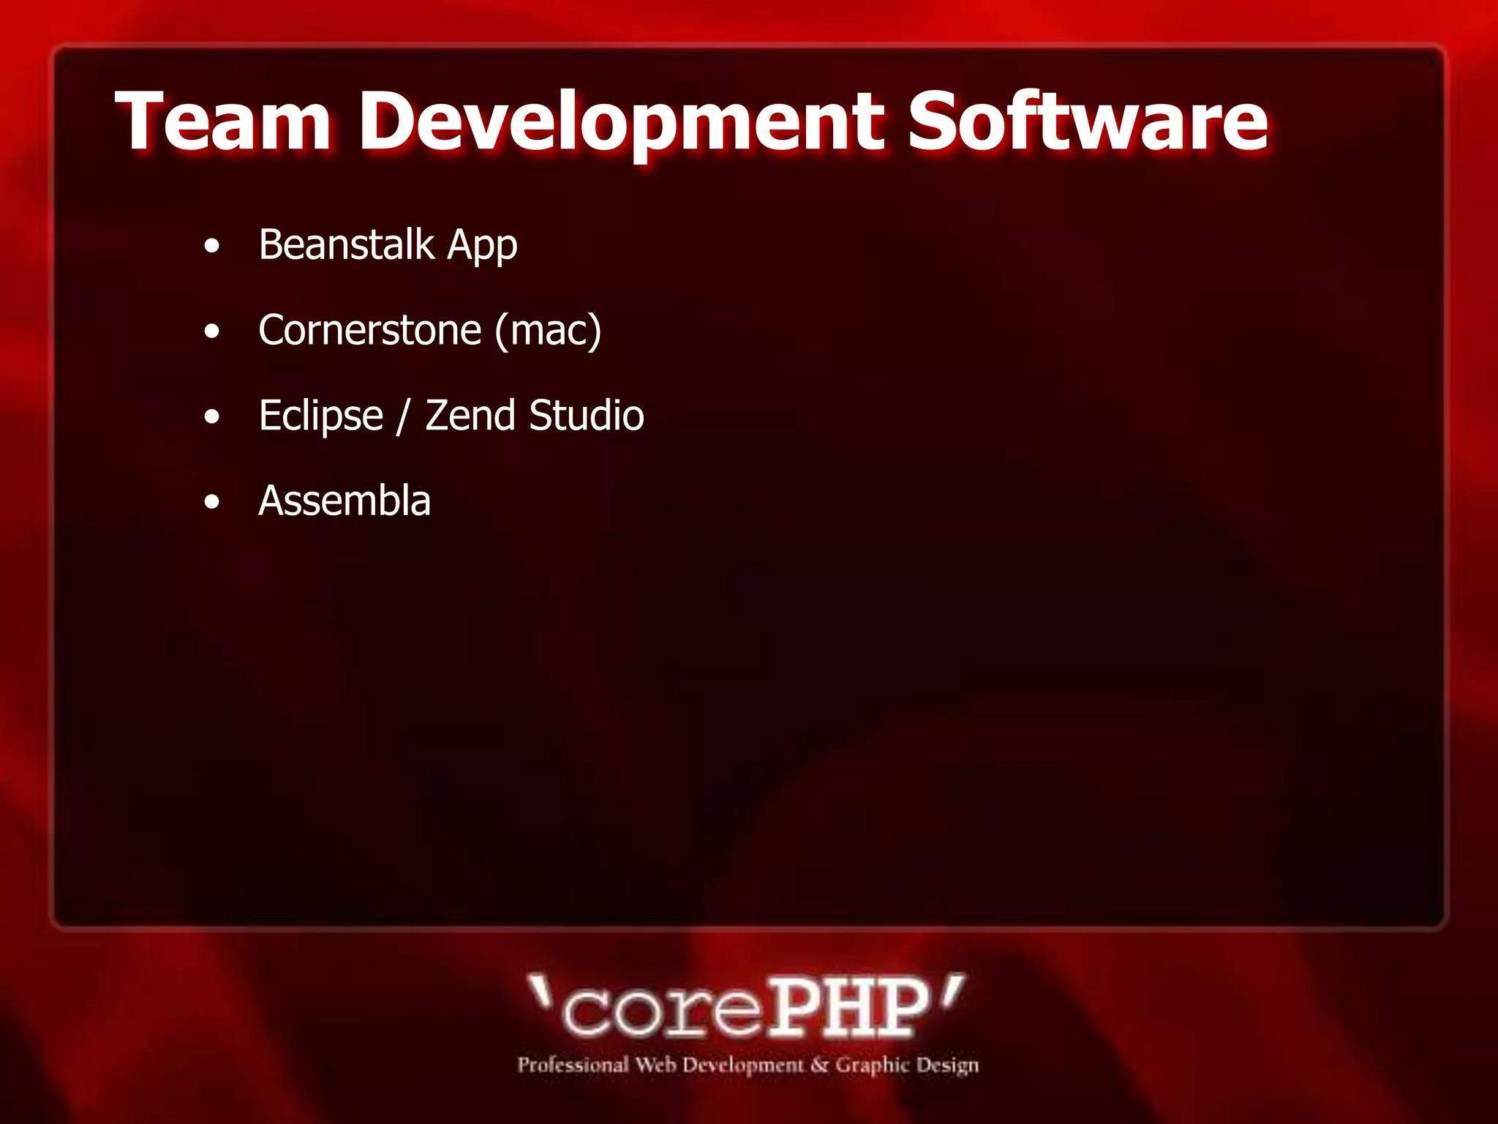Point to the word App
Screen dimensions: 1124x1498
point(482,246)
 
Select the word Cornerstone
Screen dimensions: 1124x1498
point(369,330)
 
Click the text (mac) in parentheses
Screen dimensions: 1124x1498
point(548,330)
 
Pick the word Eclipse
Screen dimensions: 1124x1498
point(320,416)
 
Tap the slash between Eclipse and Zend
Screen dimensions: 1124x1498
point(402,416)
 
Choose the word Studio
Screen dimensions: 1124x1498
point(587,415)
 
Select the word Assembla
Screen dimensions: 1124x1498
point(345,501)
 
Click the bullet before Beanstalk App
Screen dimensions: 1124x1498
point(212,247)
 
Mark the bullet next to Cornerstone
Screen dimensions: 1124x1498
point(212,332)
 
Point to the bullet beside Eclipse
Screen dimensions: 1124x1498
point(212,418)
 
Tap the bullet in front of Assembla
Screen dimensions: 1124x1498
point(212,503)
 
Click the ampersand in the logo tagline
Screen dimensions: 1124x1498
point(820,1065)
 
